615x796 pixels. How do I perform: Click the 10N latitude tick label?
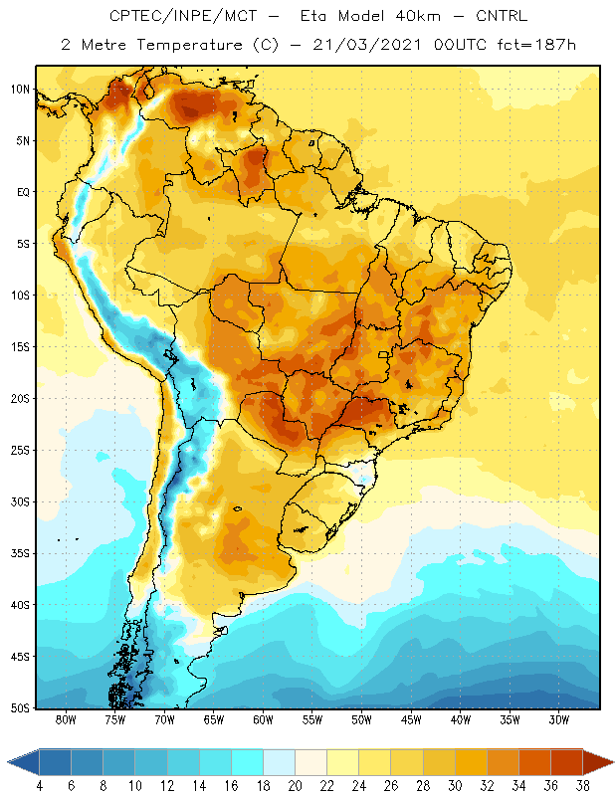[x=20, y=90]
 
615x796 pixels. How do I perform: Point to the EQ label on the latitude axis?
[x=23, y=192]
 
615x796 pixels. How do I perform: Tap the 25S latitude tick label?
[x=20, y=451]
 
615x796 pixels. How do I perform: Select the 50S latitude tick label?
[x=20, y=708]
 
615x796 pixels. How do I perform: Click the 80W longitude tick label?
[x=66, y=719]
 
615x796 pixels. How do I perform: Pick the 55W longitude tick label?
[x=312, y=719]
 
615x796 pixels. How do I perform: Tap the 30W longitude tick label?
[x=559, y=719]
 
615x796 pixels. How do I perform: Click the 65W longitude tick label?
[x=214, y=719]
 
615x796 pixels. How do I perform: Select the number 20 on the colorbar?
[x=295, y=786]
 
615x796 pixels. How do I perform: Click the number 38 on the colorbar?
[x=583, y=786]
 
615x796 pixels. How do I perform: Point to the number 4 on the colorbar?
[x=39, y=786]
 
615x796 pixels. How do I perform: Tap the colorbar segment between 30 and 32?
[x=471, y=762]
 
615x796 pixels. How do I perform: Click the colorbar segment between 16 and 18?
[x=247, y=762]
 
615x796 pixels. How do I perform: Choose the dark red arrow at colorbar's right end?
[x=598, y=762]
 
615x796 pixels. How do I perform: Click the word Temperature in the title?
[x=189, y=45]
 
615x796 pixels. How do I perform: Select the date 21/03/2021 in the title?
[x=367, y=45]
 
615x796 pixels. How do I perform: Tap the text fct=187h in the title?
[x=536, y=45]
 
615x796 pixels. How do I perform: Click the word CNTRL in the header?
[x=502, y=16]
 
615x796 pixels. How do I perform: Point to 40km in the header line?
[x=418, y=16]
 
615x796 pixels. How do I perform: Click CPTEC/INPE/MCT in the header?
[x=183, y=16]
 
